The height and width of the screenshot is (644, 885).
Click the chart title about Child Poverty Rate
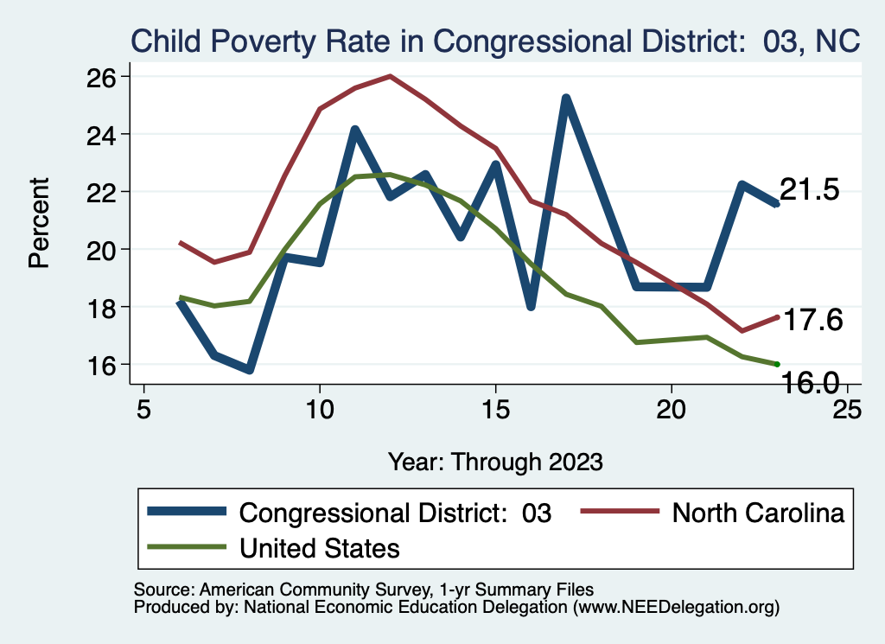(x=495, y=41)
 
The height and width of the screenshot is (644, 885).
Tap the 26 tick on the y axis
(x=102, y=77)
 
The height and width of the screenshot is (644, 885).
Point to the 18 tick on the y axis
(x=102, y=307)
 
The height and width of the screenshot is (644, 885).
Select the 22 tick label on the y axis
(x=102, y=192)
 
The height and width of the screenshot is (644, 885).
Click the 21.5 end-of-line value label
(x=810, y=190)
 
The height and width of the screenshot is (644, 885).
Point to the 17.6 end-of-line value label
(x=812, y=320)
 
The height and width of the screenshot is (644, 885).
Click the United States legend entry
(x=319, y=547)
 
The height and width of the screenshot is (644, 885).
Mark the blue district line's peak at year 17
(x=566, y=98)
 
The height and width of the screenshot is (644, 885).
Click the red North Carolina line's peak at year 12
(x=391, y=76)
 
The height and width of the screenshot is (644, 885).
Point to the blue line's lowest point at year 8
(x=250, y=370)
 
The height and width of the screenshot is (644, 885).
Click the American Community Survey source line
(x=364, y=590)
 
